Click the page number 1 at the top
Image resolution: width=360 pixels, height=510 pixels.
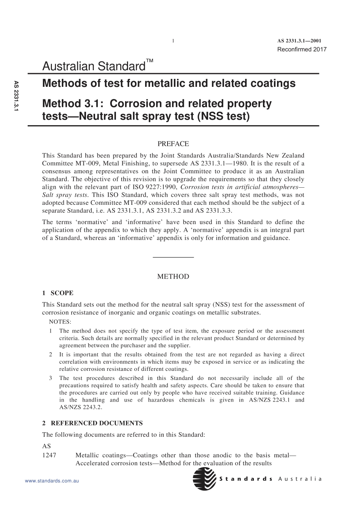pos(173,41)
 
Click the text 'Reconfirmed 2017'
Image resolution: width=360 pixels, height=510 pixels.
pos(302,49)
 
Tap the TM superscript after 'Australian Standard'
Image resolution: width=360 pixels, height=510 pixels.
pos(150,61)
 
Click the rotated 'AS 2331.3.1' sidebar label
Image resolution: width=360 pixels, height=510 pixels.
pos(16,96)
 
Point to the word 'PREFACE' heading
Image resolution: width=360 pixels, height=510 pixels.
pos(173,144)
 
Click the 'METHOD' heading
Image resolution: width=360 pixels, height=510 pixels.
pos(173,277)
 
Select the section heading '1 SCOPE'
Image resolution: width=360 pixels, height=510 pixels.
pos(58,293)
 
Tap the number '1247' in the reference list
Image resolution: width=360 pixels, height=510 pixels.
pos(49,455)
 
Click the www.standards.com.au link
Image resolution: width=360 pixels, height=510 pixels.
pos(52,481)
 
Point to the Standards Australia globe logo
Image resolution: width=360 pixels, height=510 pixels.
pos(205,479)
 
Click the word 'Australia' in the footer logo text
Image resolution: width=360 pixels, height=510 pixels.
pos(300,479)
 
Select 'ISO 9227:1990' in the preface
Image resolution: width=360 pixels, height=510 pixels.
pos(159,187)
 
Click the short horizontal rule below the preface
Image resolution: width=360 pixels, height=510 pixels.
pos(173,257)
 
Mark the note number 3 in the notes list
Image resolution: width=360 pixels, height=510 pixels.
pos(51,378)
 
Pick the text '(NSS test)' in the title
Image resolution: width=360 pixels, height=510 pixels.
pos(223,116)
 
